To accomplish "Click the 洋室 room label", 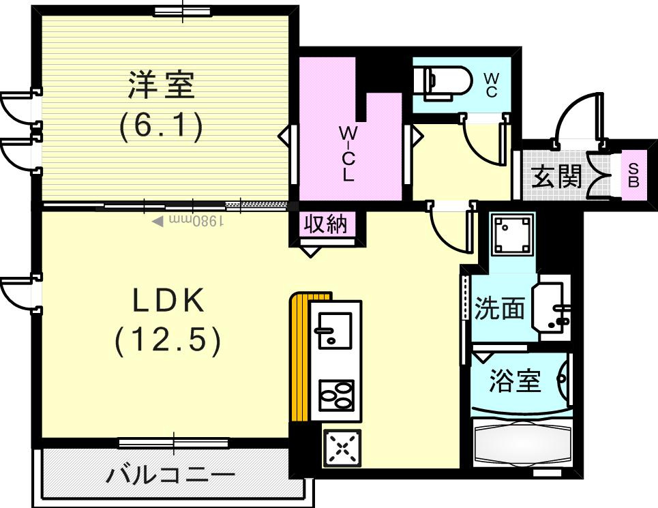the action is pyautogui.click(x=162, y=86).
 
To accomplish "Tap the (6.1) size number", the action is pyautogui.click(x=162, y=126).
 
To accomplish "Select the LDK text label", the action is pyautogui.click(x=168, y=301).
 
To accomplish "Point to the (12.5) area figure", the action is pyautogui.click(x=168, y=340).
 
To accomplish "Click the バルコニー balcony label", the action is pyautogui.click(x=170, y=475).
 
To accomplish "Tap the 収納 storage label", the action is pyautogui.click(x=326, y=224).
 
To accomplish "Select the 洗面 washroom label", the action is pyautogui.click(x=500, y=309).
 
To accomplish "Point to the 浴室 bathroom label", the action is pyautogui.click(x=515, y=382).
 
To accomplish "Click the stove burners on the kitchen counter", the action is pyautogui.click(x=336, y=395).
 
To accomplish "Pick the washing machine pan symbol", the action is pyautogui.click(x=511, y=234).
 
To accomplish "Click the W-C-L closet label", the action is pyautogui.click(x=348, y=153).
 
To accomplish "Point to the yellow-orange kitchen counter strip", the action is pyautogui.click(x=299, y=358).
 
